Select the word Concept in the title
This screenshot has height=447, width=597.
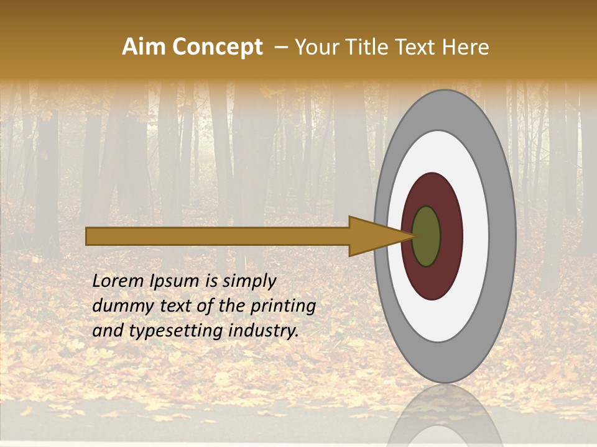[217, 48]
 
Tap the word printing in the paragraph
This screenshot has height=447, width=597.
[283, 306]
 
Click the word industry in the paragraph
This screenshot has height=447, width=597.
[264, 330]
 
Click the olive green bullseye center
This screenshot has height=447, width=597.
[426, 236]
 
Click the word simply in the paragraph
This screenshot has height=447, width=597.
[249, 281]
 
